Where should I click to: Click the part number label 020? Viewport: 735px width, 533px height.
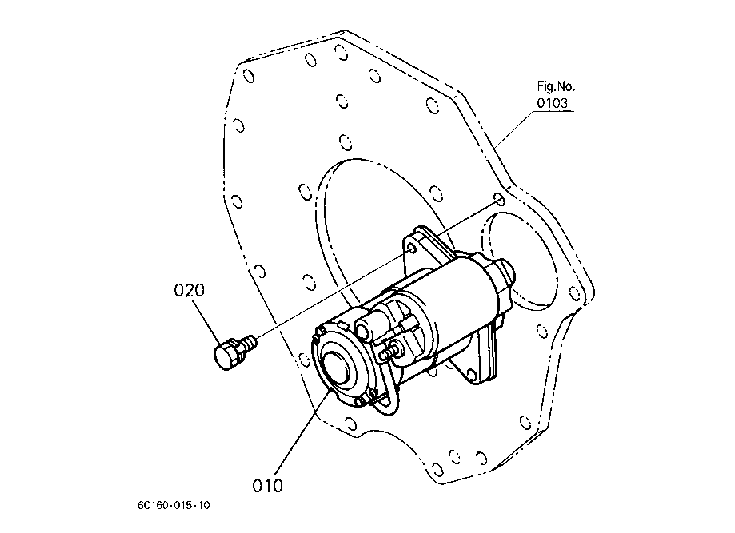pos(189,290)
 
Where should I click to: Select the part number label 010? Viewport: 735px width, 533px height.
pos(267,484)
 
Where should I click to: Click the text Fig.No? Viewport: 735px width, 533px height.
pos(556,86)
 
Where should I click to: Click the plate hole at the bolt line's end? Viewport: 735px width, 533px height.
pos(499,197)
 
